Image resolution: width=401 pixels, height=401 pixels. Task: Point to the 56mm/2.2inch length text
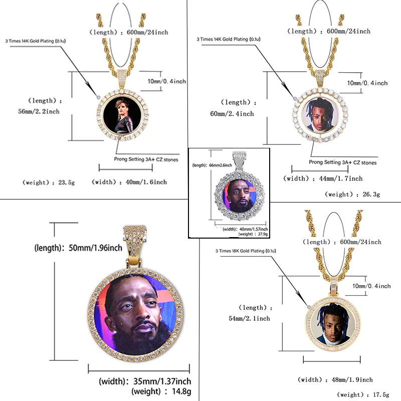39,111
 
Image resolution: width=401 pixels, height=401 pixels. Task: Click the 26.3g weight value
369,194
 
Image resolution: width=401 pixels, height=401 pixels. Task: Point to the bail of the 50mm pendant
135,242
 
